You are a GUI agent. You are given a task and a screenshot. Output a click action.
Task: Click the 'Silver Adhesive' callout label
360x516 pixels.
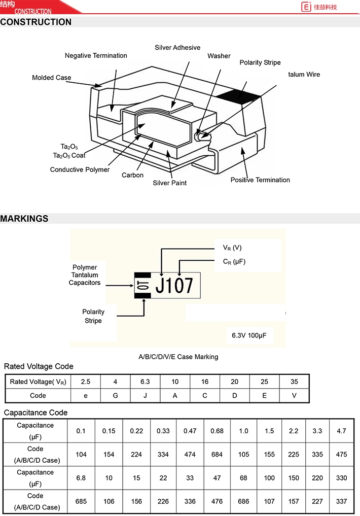(177, 48)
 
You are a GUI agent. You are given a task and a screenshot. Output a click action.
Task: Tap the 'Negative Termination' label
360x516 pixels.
(96, 56)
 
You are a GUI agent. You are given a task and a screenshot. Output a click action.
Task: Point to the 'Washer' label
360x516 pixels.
(219, 56)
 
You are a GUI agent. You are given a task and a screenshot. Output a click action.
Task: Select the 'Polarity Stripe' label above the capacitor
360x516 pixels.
(260, 63)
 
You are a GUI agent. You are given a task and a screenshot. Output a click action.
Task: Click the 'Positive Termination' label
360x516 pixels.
(260, 180)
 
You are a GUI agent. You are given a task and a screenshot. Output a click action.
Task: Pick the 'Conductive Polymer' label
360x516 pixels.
(80, 170)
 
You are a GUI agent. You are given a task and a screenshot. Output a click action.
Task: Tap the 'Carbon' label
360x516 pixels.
(132, 176)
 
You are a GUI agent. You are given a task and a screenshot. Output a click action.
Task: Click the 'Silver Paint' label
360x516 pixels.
(169, 183)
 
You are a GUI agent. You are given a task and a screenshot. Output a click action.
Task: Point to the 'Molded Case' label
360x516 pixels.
(51, 78)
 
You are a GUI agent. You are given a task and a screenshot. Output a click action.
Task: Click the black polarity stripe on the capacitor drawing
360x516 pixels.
(239, 95)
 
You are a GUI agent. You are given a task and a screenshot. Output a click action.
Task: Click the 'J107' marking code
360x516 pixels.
(174, 286)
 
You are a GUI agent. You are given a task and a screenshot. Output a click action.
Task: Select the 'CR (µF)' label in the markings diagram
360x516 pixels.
(234, 262)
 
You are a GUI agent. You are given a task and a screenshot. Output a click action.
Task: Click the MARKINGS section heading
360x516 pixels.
(24, 219)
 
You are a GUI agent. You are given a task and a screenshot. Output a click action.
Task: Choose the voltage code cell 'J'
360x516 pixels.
(145, 396)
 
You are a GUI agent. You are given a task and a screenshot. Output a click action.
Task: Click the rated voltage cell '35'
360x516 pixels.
(294, 382)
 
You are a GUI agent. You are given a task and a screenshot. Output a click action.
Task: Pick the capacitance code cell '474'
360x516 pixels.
(190, 455)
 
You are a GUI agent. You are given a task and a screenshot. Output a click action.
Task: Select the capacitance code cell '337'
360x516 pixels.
(341, 501)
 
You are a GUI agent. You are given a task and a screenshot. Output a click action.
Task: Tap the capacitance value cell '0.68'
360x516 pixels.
(217, 431)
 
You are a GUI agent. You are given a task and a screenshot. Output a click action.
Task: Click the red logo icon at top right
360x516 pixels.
(306, 7)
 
